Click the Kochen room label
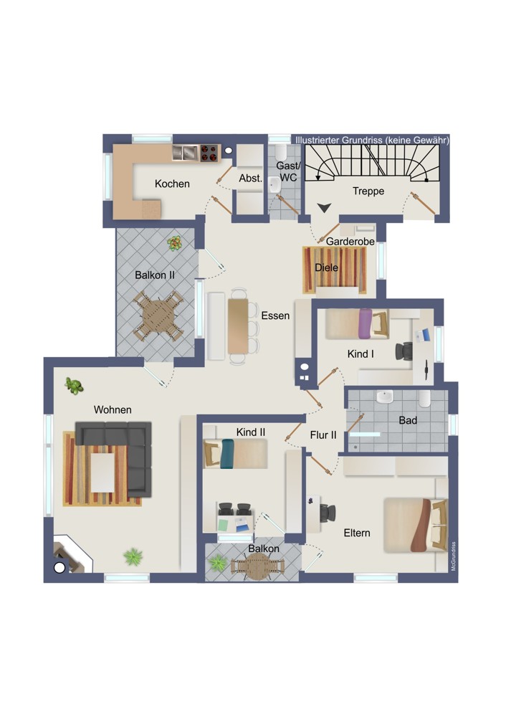[x=172, y=184]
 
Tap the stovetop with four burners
[x=209, y=153]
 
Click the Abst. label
[x=250, y=179]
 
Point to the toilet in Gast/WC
[x=280, y=151]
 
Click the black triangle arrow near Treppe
[x=324, y=208]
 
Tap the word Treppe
[x=368, y=191]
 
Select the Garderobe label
[x=350, y=241]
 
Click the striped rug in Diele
[x=335, y=270]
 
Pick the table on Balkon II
[x=158, y=316]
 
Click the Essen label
[x=275, y=315]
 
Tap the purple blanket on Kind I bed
[x=366, y=324]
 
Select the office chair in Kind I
[x=404, y=351]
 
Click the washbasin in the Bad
[x=384, y=397]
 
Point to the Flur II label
[x=323, y=435]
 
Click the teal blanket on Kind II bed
[x=226, y=454]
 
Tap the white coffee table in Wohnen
[x=102, y=473]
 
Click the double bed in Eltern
[x=415, y=526]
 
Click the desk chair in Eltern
[x=328, y=513]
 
